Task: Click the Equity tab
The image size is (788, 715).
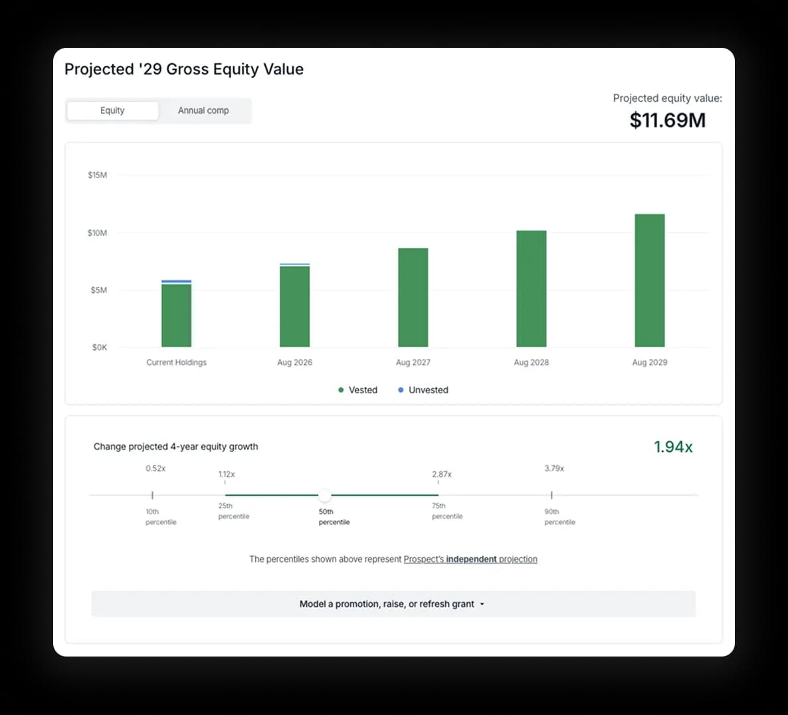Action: (112, 110)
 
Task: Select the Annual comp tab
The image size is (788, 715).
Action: (203, 110)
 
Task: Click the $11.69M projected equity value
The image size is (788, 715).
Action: (667, 120)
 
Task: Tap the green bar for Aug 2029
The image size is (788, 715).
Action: (649, 280)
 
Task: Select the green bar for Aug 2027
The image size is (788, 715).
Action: (413, 298)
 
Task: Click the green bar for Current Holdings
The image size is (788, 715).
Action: (176, 316)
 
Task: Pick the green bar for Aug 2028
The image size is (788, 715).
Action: (531, 289)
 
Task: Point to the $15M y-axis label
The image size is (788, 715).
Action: (97, 175)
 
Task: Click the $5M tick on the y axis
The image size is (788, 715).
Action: (98, 290)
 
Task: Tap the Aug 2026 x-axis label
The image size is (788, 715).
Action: (294, 362)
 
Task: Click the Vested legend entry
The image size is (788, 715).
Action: (358, 390)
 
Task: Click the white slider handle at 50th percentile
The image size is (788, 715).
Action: (324, 495)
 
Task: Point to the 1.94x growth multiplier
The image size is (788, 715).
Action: (672, 447)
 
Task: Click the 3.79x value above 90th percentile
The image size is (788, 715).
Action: (553, 468)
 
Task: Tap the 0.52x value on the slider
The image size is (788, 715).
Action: (155, 468)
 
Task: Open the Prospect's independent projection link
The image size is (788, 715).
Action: (470, 560)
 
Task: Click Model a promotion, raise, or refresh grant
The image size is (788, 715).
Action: (393, 604)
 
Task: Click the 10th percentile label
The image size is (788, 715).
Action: (161, 517)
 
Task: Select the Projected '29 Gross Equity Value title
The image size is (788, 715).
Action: (184, 69)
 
